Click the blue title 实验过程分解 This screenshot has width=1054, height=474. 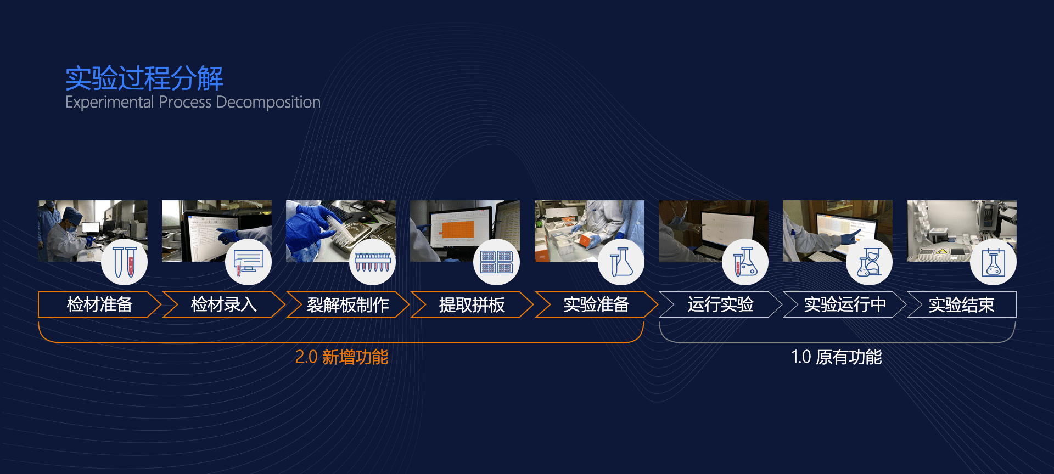pos(144,78)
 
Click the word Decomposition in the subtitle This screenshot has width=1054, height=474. pos(268,103)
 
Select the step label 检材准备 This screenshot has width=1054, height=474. pos(99,304)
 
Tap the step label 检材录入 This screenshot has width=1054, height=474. pos(223,304)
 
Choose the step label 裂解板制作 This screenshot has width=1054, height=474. pos(347,304)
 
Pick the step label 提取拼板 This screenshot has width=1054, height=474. pos(472,304)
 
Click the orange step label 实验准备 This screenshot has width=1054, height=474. pos(596,304)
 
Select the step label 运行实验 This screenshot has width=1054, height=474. pos(720,304)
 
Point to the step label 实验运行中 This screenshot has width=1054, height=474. pos(845,304)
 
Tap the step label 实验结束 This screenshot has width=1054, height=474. pos(961,304)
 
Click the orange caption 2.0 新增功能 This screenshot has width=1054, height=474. pos(341,357)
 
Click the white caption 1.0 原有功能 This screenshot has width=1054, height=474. pos(837,357)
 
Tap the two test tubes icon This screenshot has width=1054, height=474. pos(125,262)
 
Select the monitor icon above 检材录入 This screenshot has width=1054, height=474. pos(248,262)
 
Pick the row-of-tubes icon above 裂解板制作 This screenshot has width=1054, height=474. pos(372,262)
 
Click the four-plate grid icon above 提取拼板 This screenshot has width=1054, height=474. pos(496,262)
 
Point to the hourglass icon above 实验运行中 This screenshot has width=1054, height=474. pos(869,262)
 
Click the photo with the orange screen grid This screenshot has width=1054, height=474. pos(465,231)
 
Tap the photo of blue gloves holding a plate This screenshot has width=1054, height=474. pos(341,231)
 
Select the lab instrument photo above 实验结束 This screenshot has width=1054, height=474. pos(962,231)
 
